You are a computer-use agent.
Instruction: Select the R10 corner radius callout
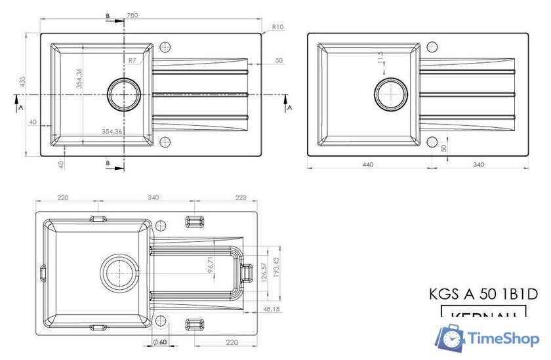coord(277,27)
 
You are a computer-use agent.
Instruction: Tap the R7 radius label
coord(132,60)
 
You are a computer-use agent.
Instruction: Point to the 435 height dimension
coord(22,82)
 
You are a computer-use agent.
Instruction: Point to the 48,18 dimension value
coord(270,308)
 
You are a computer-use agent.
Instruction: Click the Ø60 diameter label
coord(160,342)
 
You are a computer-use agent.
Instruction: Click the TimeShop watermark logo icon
coord(451,338)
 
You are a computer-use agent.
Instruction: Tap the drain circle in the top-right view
coord(392,93)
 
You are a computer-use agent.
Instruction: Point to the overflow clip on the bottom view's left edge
coord(43,271)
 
